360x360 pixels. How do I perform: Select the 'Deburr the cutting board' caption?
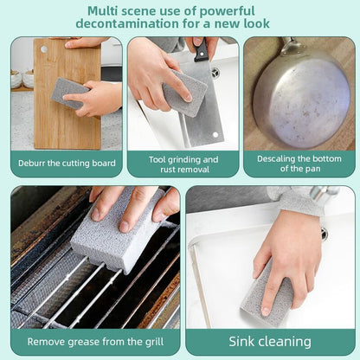coord(66,161)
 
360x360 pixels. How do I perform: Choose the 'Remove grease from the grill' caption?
coord(94,341)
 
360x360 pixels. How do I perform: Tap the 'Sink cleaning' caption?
coord(269,341)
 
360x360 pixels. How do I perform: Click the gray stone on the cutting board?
coord(68,92)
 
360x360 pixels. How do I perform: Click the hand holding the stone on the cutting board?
coord(97,97)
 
